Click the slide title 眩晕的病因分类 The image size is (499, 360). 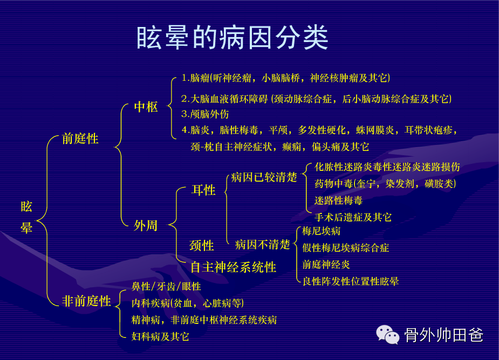pyautogui.click(x=232, y=38)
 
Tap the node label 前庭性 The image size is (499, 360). pyautogui.click(x=80, y=139)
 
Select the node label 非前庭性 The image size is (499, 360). pyautogui.click(x=86, y=301)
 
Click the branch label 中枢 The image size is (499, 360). pyautogui.click(x=146, y=107)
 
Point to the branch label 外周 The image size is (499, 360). pyautogui.click(x=146, y=225)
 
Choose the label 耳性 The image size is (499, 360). pyautogui.click(x=204, y=190)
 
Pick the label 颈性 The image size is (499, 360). pyautogui.click(x=201, y=246)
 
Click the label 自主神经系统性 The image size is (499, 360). pyautogui.click(x=233, y=267)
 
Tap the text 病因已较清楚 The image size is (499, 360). pyautogui.click(x=264, y=177)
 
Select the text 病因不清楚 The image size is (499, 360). pyautogui.click(x=263, y=245)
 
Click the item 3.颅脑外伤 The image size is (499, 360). pyautogui.click(x=205, y=114)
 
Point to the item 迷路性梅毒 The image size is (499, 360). pyautogui.click(x=339, y=200)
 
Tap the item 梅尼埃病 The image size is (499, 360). pyautogui.click(x=322, y=231)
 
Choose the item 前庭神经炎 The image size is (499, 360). pyautogui.click(x=326, y=264)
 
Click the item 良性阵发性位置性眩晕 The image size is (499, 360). pyautogui.click(x=351, y=281)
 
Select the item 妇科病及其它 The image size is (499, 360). pyautogui.click(x=160, y=336)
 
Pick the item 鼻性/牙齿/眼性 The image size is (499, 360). pyautogui.click(x=166, y=286)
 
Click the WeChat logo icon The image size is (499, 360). pyautogui.click(x=388, y=335)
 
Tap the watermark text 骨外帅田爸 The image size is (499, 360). pyautogui.click(x=444, y=335)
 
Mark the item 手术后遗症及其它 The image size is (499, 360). pyautogui.click(x=353, y=217)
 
